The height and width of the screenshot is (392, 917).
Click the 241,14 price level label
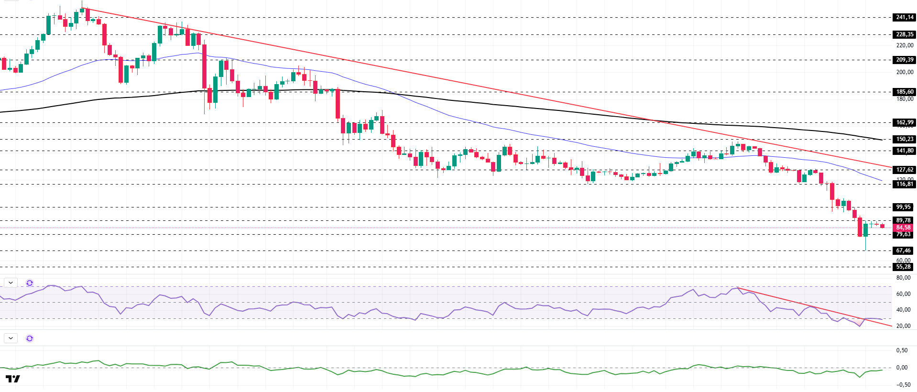[904, 17]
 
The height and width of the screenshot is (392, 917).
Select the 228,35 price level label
[904, 34]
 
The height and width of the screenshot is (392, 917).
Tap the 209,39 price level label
[904, 60]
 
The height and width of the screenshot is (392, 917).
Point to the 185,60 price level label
[904, 92]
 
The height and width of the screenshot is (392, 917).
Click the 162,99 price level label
[904, 122]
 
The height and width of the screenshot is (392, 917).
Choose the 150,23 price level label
[904, 139]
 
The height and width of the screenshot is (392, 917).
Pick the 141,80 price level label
[904, 151]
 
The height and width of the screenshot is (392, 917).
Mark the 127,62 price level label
[904, 170]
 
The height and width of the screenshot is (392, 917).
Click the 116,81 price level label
[904, 184]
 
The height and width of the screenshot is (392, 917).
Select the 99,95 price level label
[903, 207]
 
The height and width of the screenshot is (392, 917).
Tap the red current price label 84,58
[903, 228]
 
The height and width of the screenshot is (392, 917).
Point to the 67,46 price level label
[903, 250]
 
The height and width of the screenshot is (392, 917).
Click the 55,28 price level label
[903, 267]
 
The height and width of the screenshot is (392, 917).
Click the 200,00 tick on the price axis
[904, 72]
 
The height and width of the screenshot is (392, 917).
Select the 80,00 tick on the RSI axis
[903, 278]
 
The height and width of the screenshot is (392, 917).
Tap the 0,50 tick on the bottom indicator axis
[901, 350]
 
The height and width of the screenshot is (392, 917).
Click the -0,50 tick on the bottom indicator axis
[900, 385]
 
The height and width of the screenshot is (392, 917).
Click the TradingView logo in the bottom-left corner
[13, 379]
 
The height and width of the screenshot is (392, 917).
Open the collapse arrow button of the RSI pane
[11, 283]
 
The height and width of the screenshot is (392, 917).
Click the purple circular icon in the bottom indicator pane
[30, 338]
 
